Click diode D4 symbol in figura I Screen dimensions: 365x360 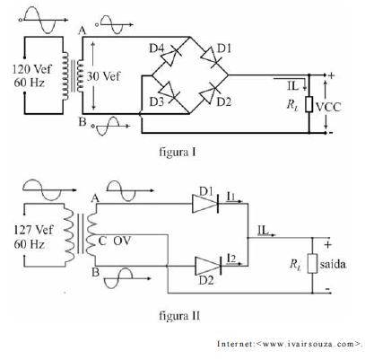coord(170,55)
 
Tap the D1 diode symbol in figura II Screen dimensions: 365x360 coord(206,204)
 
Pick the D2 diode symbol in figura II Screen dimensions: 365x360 coord(208,266)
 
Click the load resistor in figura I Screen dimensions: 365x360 coord(309,104)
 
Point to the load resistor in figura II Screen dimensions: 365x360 coord(312,263)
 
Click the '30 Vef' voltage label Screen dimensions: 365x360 coord(103,76)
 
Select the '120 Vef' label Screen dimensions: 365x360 coord(31,69)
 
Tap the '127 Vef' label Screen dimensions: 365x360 coord(33,231)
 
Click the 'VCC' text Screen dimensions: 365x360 coord(328,107)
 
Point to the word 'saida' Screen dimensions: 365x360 coord(333,264)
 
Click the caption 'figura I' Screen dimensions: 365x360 coord(178,152)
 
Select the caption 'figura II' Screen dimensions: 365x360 coord(179,315)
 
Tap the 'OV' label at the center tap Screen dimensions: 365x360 coord(122,241)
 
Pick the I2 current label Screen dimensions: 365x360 coord(231,259)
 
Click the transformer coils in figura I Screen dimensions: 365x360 coord(72,76)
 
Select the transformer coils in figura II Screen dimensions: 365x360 coord(80,234)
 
